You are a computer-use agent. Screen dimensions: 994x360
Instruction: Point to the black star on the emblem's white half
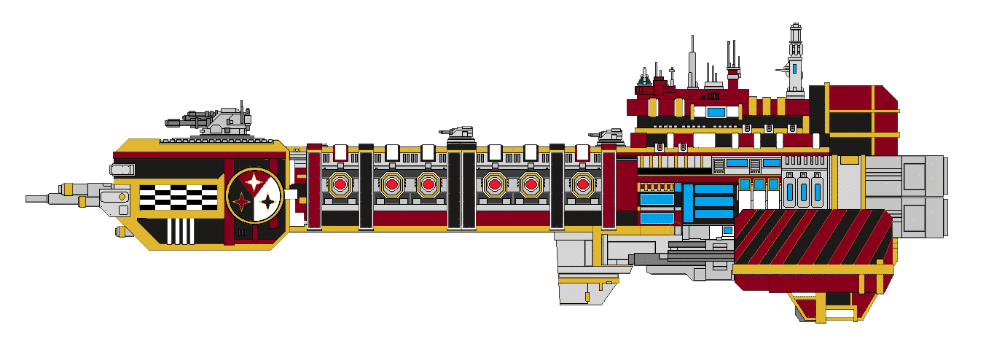tap(268, 202)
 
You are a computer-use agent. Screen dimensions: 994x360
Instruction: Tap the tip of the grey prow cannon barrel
tap(29, 198)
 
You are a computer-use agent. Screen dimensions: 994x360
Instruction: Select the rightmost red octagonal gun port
tap(582, 184)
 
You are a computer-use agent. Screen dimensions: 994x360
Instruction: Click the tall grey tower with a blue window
tap(796, 62)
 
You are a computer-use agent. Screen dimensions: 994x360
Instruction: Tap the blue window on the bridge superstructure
tap(716, 111)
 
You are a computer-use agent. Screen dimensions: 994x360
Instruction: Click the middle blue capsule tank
tap(804, 190)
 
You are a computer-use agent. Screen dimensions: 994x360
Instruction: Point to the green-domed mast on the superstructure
tap(644, 76)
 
